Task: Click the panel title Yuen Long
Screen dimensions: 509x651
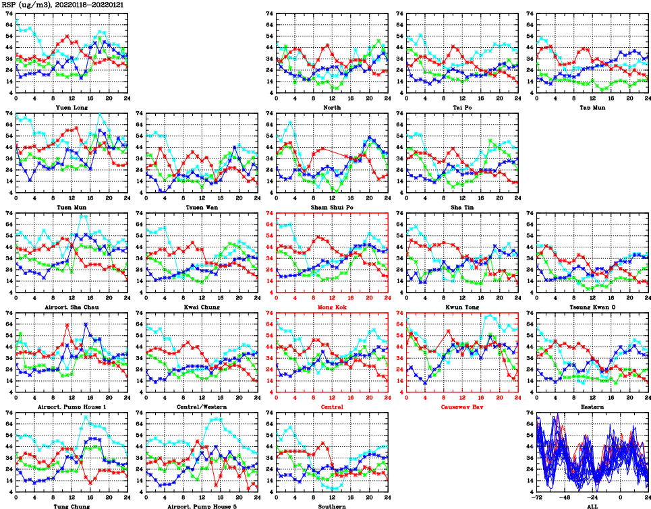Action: point(71,107)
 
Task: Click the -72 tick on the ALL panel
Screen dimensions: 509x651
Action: point(538,498)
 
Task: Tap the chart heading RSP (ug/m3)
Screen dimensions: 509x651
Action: point(27,4)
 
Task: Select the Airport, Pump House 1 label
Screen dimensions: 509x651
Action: point(71,407)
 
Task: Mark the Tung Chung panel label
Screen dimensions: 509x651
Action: point(71,506)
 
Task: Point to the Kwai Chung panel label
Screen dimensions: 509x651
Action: point(201,307)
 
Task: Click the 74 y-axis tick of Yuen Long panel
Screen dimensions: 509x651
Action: point(8,13)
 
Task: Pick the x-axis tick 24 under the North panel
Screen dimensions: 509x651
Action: point(387,98)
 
